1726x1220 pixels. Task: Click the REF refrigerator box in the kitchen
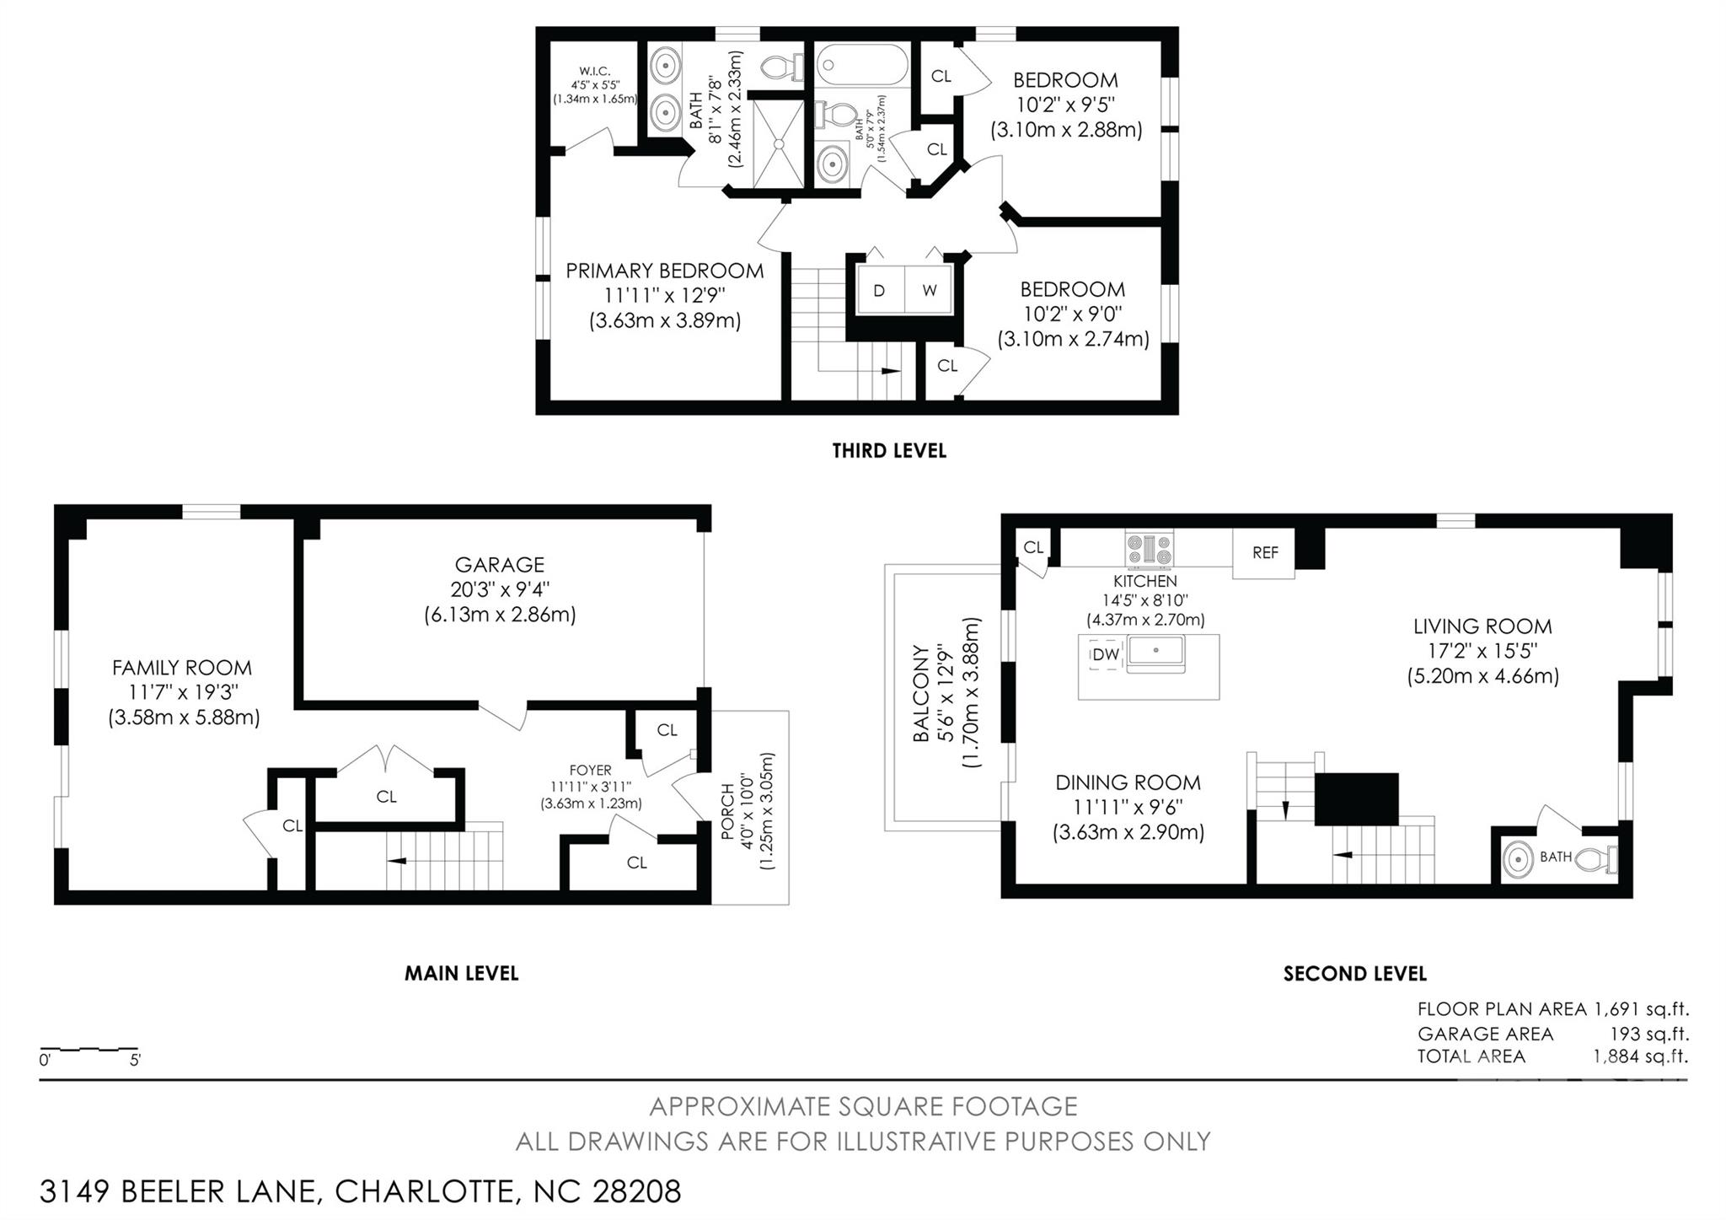pyautogui.click(x=1263, y=552)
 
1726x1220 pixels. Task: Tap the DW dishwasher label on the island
pyautogui.click(x=1106, y=654)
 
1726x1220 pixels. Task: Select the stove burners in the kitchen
pyautogui.click(x=1150, y=549)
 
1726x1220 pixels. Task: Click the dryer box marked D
pyautogui.click(x=880, y=291)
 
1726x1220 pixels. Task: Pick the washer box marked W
pyautogui.click(x=929, y=291)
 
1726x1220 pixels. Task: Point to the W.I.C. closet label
pyautogui.click(x=594, y=72)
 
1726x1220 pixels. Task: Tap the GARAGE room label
pyautogui.click(x=499, y=565)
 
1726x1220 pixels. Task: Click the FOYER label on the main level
pyautogui.click(x=590, y=770)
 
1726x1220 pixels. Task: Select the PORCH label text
pyautogui.click(x=726, y=812)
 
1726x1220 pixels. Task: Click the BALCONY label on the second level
pyautogui.click(x=921, y=693)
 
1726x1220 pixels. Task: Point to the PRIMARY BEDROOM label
pyautogui.click(x=664, y=271)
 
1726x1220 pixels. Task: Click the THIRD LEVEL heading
pyautogui.click(x=889, y=451)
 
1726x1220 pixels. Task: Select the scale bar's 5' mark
pyautogui.click(x=135, y=1061)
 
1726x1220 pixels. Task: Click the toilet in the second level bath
pyautogui.click(x=1596, y=858)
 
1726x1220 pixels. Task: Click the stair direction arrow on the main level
pyautogui.click(x=396, y=861)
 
